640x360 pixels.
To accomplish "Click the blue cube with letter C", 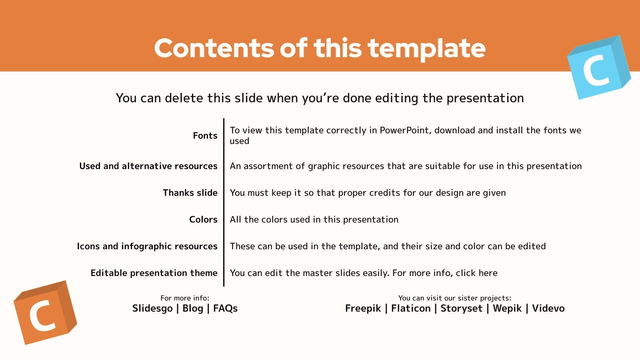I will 598,68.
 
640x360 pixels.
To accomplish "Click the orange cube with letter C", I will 45,312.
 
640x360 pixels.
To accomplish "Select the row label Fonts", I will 205,136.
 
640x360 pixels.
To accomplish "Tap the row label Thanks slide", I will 190,193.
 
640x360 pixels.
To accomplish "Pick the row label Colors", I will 203,220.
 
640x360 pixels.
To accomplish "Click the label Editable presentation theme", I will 154,273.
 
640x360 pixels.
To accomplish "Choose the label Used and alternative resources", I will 148,166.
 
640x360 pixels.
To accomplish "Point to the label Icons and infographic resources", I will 147,246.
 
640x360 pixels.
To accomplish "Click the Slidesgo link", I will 152,308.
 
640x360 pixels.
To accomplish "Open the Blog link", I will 193,308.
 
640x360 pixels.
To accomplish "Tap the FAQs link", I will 225,308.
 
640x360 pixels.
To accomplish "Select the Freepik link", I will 363,308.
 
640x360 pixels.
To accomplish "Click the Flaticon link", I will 411,308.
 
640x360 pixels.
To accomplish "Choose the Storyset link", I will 461,308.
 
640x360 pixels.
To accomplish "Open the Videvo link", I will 548,308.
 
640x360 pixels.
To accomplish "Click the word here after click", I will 488,273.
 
